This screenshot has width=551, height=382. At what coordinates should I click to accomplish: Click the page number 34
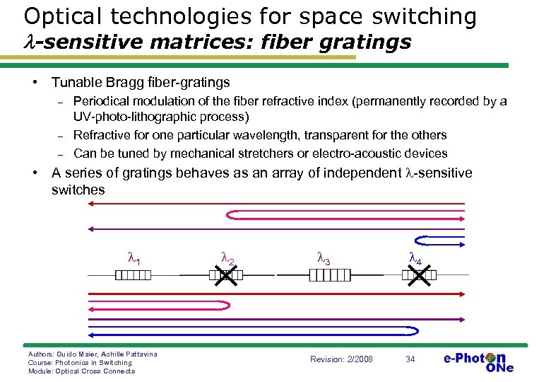tap(410, 359)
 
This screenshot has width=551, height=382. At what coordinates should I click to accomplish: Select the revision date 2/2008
tap(360, 359)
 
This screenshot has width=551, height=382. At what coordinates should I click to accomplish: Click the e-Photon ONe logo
tap(478, 361)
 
